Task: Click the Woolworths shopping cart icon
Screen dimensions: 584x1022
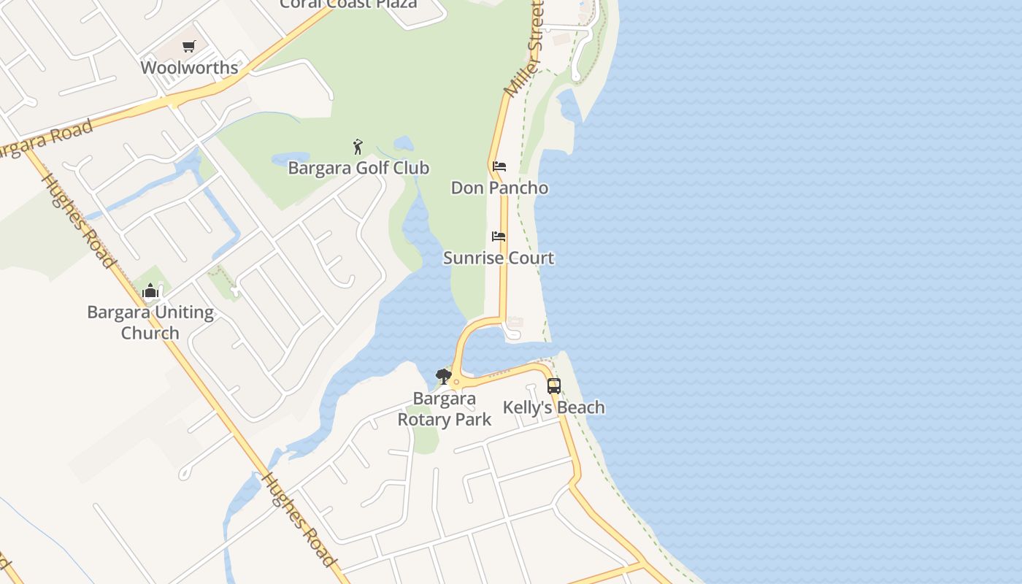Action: click(x=189, y=47)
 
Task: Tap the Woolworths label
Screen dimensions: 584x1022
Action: click(x=189, y=68)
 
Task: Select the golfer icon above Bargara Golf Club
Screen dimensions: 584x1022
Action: click(x=358, y=147)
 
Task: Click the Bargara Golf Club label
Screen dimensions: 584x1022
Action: click(x=358, y=168)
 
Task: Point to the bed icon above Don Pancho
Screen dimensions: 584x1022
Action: click(x=499, y=166)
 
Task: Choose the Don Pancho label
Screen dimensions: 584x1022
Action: click(x=499, y=188)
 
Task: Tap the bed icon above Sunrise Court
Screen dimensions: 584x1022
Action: click(x=499, y=237)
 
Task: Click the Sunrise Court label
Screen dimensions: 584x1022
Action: click(x=499, y=258)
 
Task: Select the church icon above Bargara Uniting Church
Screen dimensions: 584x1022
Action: click(x=150, y=291)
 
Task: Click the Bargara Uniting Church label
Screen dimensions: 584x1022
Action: click(x=150, y=323)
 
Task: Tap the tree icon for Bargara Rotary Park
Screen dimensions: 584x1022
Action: click(x=443, y=377)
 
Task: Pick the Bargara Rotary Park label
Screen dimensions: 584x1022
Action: click(x=444, y=410)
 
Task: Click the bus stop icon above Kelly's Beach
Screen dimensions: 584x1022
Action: click(x=554, y=386)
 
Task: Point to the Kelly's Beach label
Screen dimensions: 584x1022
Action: click(x=554, y=407)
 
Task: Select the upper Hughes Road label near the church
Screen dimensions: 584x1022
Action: click(x=79, y=220)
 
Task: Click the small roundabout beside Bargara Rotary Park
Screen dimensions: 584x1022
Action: click(x=456, y=382)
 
